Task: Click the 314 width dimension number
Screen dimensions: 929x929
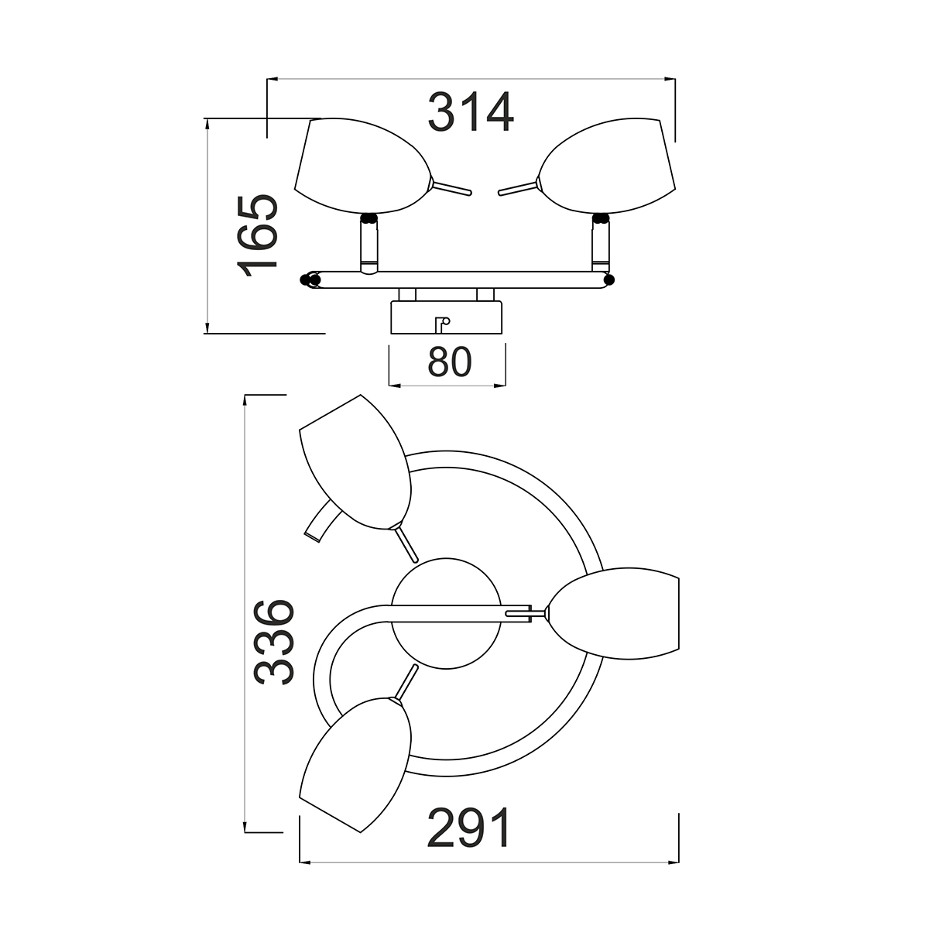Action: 471,111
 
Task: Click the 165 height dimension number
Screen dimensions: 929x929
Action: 258,236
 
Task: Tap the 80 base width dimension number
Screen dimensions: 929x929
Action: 449,362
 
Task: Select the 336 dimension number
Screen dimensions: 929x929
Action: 274,643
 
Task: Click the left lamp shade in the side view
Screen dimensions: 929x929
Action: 362,166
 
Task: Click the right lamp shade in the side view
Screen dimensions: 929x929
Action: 606,166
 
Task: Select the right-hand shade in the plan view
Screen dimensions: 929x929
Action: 614,613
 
